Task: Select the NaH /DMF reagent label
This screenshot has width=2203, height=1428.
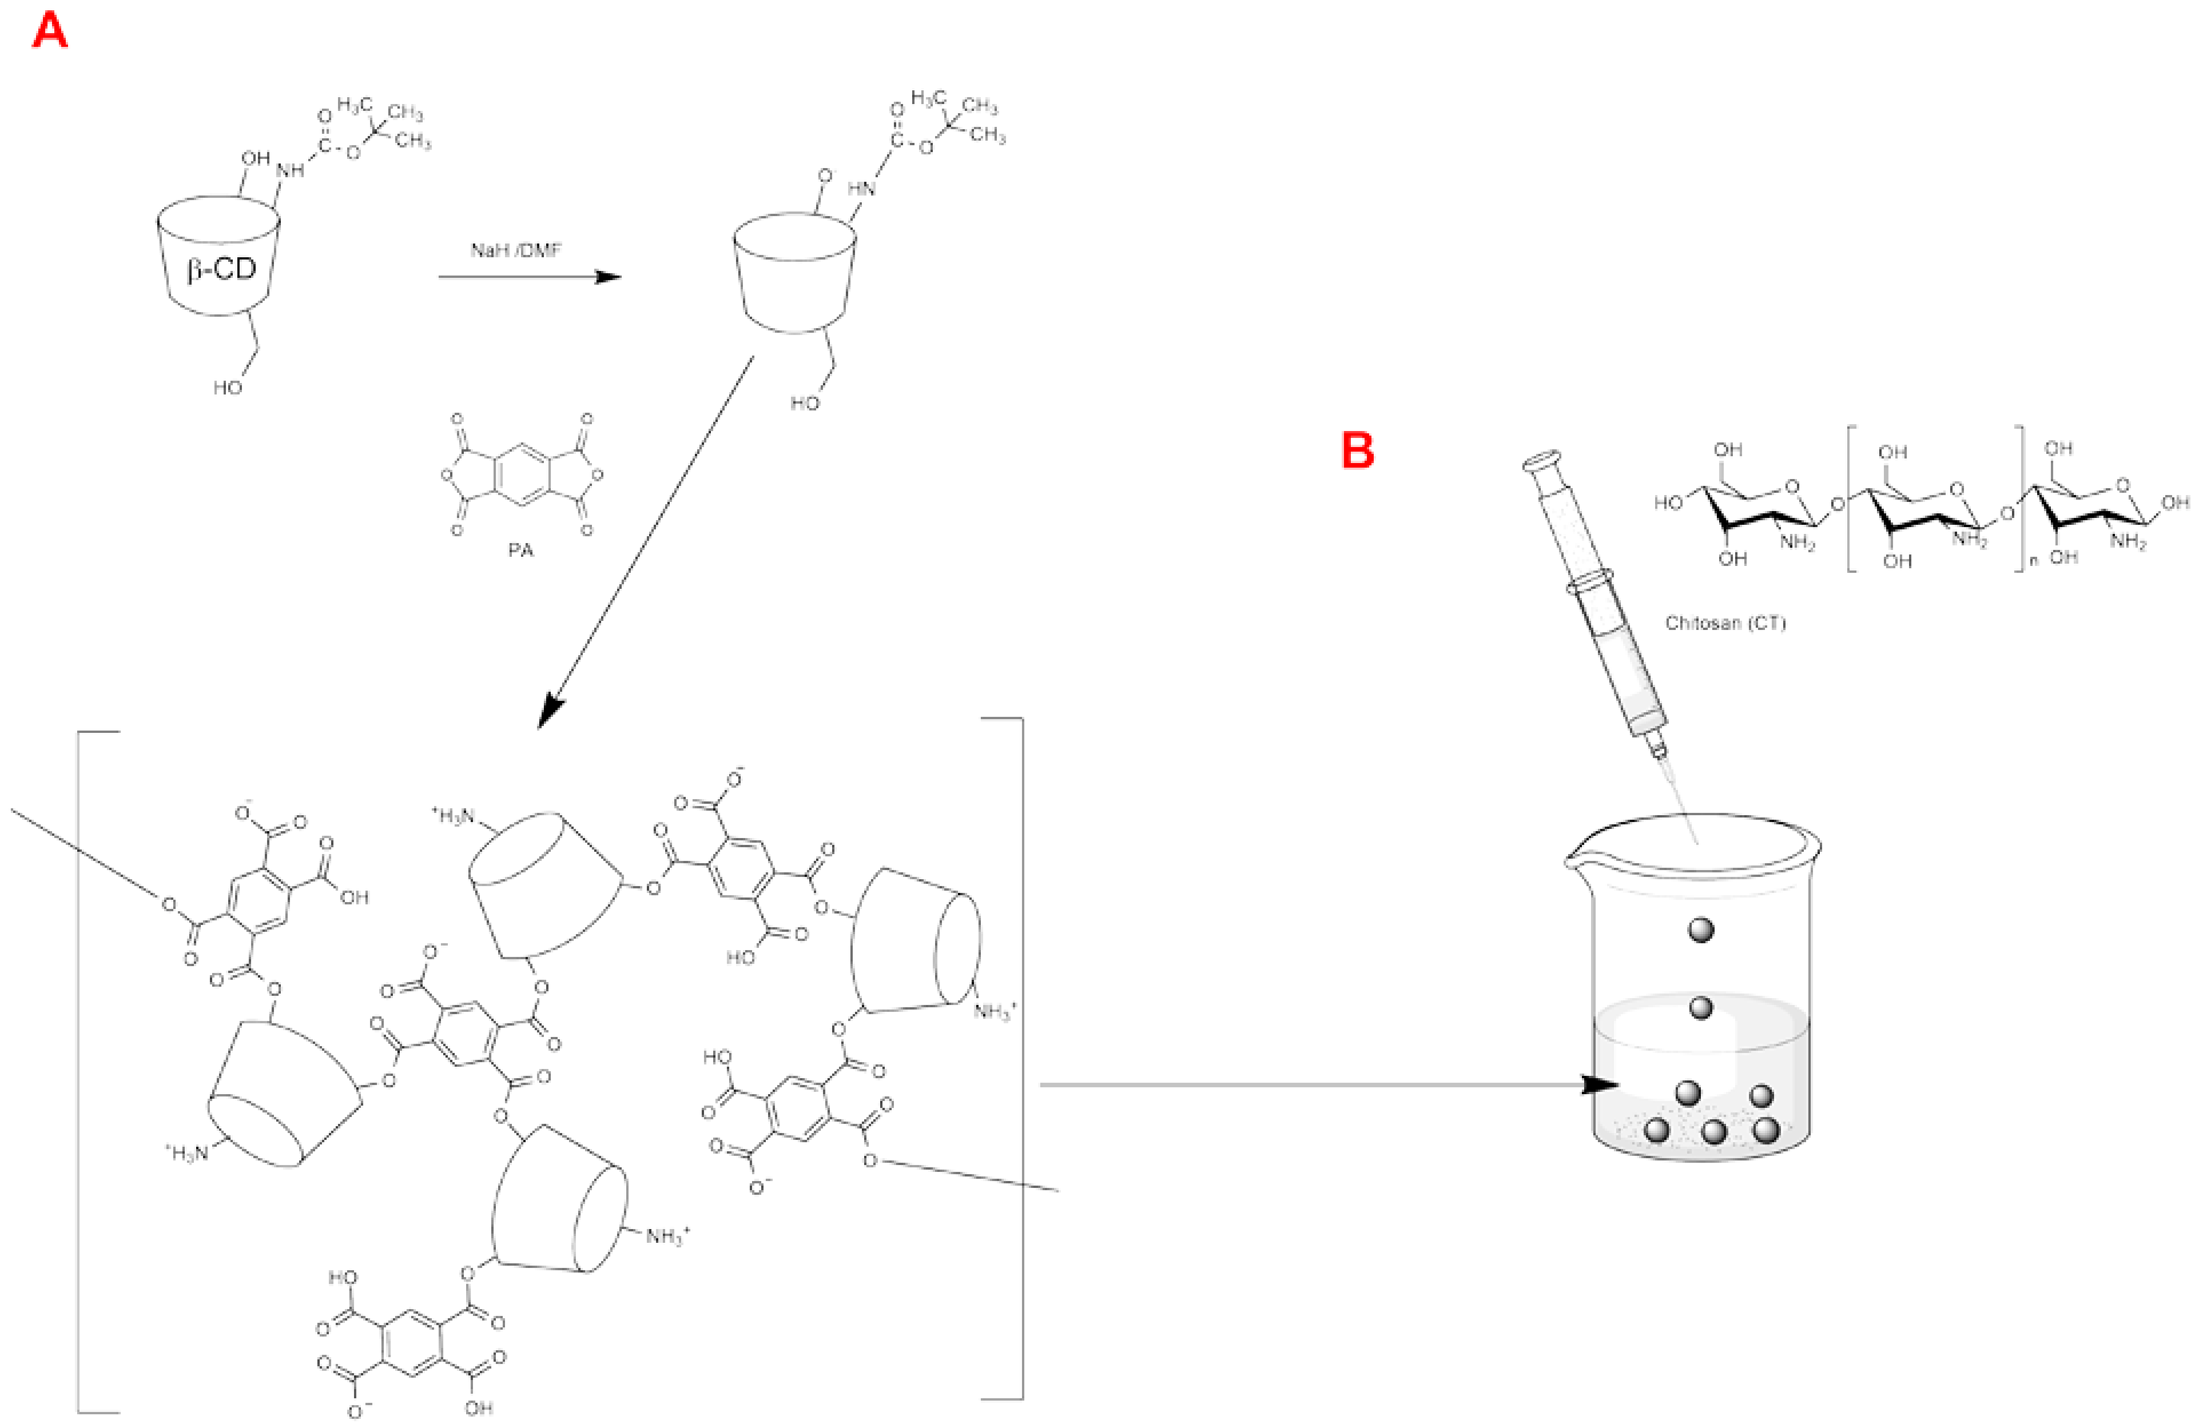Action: (515, 250)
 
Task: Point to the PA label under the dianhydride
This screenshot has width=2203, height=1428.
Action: (520, 551)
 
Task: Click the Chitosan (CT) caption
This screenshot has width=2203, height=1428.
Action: (1724, 623)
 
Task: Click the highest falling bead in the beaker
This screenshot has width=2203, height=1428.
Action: (1701, 929)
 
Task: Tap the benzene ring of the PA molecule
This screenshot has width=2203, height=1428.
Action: (523, 476)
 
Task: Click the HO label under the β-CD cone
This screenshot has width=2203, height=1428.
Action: (228, 388)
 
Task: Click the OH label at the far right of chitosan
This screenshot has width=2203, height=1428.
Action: (2174, 502)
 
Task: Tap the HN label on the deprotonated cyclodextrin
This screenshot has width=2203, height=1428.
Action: (861, 188)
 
